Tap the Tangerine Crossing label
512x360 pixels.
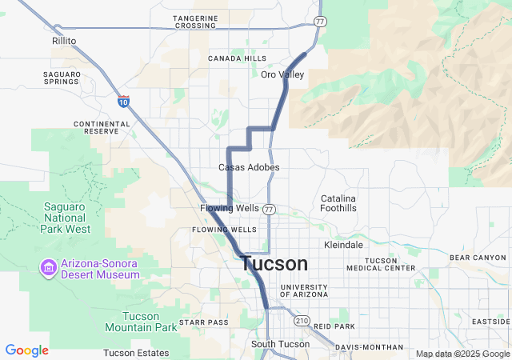pyautogui.click(x=195, y=22)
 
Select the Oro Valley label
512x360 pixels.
pyautogui.click(x=282, y=74)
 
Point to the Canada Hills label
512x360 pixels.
pyautogui.click(x=237, y=58)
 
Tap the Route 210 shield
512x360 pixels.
pyautogui.click(x=301, y=321)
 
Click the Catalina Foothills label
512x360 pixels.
pyautogui.click(x=338, y=202)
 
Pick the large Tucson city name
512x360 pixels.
pyautogui.click(x=274, y=264)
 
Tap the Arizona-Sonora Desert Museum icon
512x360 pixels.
pyautogui.click(x=48, y=266)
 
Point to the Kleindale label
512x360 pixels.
pyautogui.click(x=343, y=245)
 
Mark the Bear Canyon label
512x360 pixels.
pyautogui.click(x=478, y=258)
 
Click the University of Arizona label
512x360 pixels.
pyautogui.click(x=303, y=290)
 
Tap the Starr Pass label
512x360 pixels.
pyautogui.click(x=203, y=322)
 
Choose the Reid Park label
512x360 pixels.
pyautogui.click(x=334, y=326)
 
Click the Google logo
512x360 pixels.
pyautogui.click(x=26, y=350)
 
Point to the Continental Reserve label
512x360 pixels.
pyautogui.click(x=102, y=127)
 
